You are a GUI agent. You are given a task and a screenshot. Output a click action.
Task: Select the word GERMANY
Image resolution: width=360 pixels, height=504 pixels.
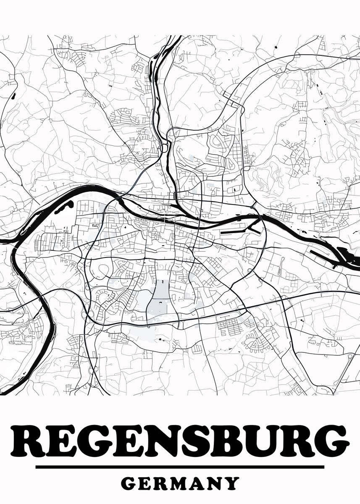180,483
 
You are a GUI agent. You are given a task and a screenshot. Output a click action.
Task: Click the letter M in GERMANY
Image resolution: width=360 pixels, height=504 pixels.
181,483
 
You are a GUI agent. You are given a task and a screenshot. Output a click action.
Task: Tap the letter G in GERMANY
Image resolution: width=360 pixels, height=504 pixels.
129,483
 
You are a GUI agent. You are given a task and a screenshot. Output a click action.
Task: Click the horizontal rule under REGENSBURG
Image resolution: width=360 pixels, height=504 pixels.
180,467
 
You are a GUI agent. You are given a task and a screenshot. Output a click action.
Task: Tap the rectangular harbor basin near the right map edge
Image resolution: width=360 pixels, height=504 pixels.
323,257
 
